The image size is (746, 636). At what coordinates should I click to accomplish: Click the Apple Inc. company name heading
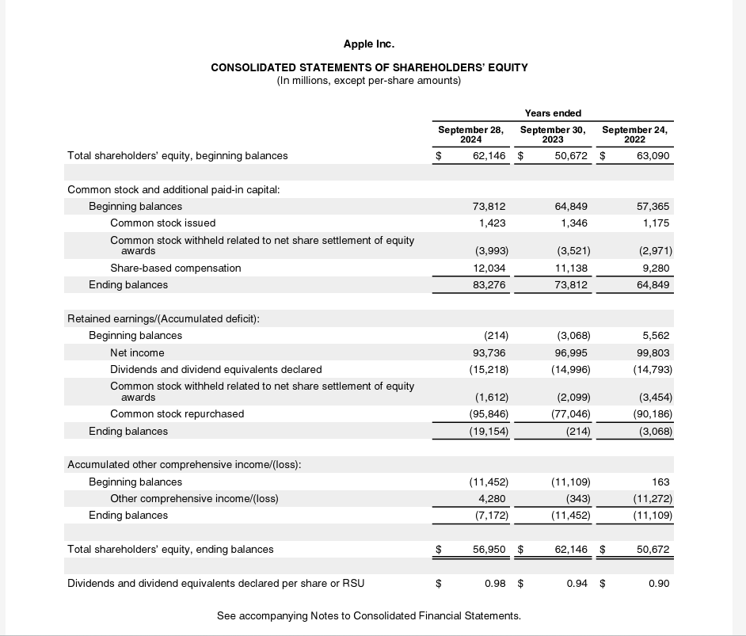(x=369, y=44)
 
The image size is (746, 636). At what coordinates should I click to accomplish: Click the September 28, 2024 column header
(x=471, y=134)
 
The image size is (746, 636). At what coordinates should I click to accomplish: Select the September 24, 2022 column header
(x=634, y=134)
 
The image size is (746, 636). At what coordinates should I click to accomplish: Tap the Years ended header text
(x=553, y=113)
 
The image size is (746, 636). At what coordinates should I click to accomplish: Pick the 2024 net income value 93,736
(x=489, y=352)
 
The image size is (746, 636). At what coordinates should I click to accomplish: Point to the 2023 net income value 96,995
(x=571, y=352)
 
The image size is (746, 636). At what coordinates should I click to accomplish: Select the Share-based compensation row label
(x=175, y=268)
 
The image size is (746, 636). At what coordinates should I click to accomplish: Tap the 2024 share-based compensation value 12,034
(x=489, y=268)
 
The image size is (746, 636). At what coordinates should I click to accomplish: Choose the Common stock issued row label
(x=162, y=223)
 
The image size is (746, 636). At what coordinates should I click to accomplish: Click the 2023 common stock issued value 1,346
(x=573, y=223)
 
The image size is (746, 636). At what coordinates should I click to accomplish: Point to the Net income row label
(x=137, y=352)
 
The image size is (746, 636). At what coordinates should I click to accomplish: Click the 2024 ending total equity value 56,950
(x=489, y=549)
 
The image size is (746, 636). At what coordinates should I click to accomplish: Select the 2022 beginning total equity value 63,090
(x=653, y=155)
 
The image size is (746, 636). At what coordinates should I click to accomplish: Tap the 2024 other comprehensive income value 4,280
(x=492, y=498)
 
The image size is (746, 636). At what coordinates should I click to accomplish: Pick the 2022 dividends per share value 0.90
(x=659, y=584)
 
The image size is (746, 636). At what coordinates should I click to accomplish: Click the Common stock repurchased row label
(x=177, y=413)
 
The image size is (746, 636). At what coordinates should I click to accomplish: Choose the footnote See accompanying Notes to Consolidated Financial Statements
(x=369, y=615)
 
